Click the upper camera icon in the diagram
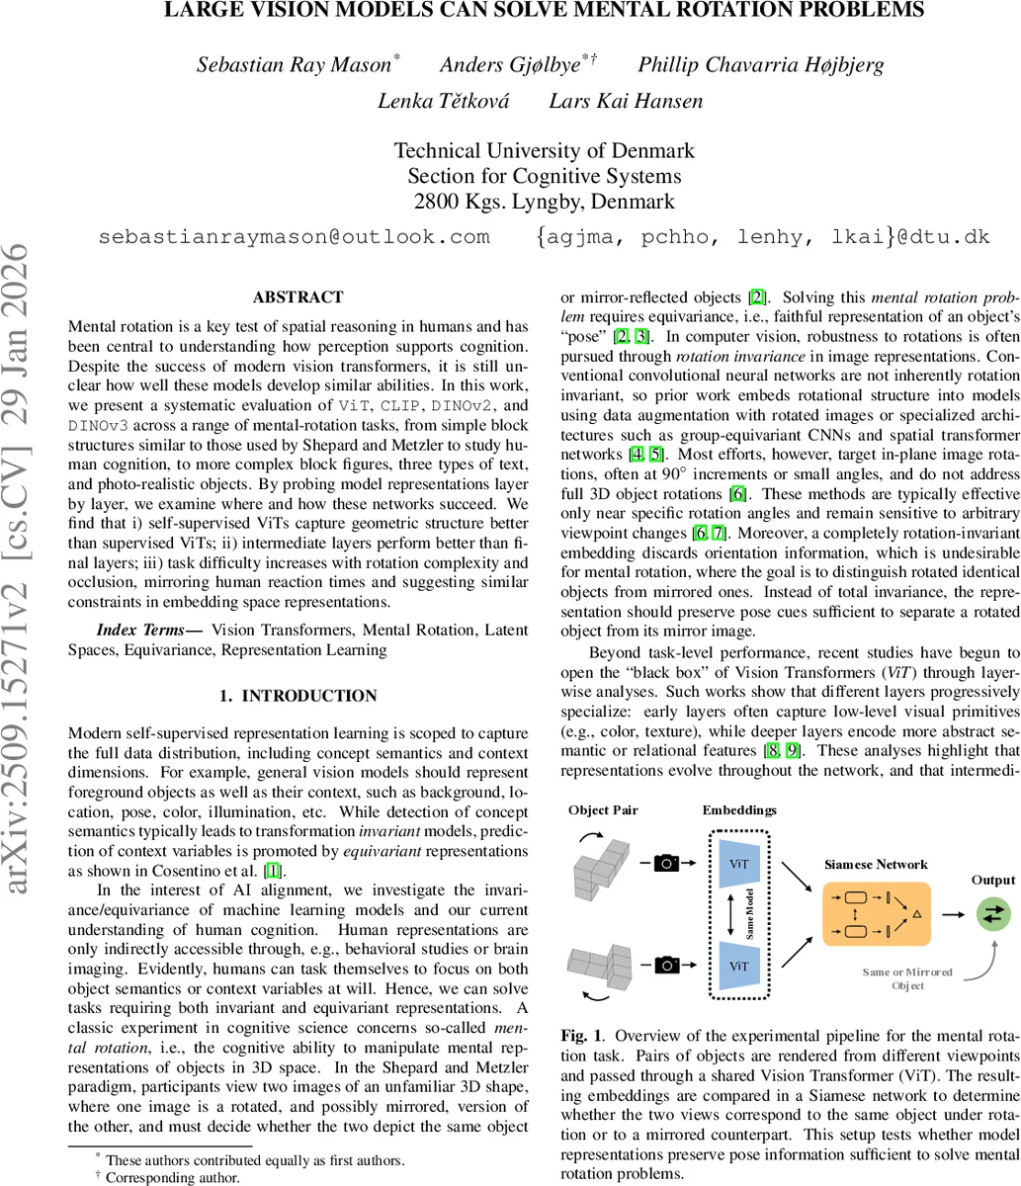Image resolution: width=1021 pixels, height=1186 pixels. (x=667, y=863)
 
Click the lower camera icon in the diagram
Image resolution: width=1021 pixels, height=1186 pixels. (x=667, y=962)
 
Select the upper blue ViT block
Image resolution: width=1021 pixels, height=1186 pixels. (x=738, y=862)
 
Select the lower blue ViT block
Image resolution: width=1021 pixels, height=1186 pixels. (x=738, y=961)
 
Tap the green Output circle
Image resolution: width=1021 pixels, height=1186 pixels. (x=992, y=915)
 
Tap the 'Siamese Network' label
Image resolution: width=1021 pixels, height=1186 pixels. (x=877, y=862)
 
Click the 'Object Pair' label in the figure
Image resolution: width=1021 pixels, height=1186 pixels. (x=604, y=810)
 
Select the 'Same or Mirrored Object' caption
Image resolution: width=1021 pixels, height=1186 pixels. (x=908, y=978)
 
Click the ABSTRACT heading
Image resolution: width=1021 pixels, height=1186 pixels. (x=298, y=296)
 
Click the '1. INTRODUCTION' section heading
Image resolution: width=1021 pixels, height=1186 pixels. (x=298, y=696)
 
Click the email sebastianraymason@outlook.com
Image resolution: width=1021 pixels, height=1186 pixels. (x=295, y=237)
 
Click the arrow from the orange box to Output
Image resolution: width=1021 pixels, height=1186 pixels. (x=952, y=915)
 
